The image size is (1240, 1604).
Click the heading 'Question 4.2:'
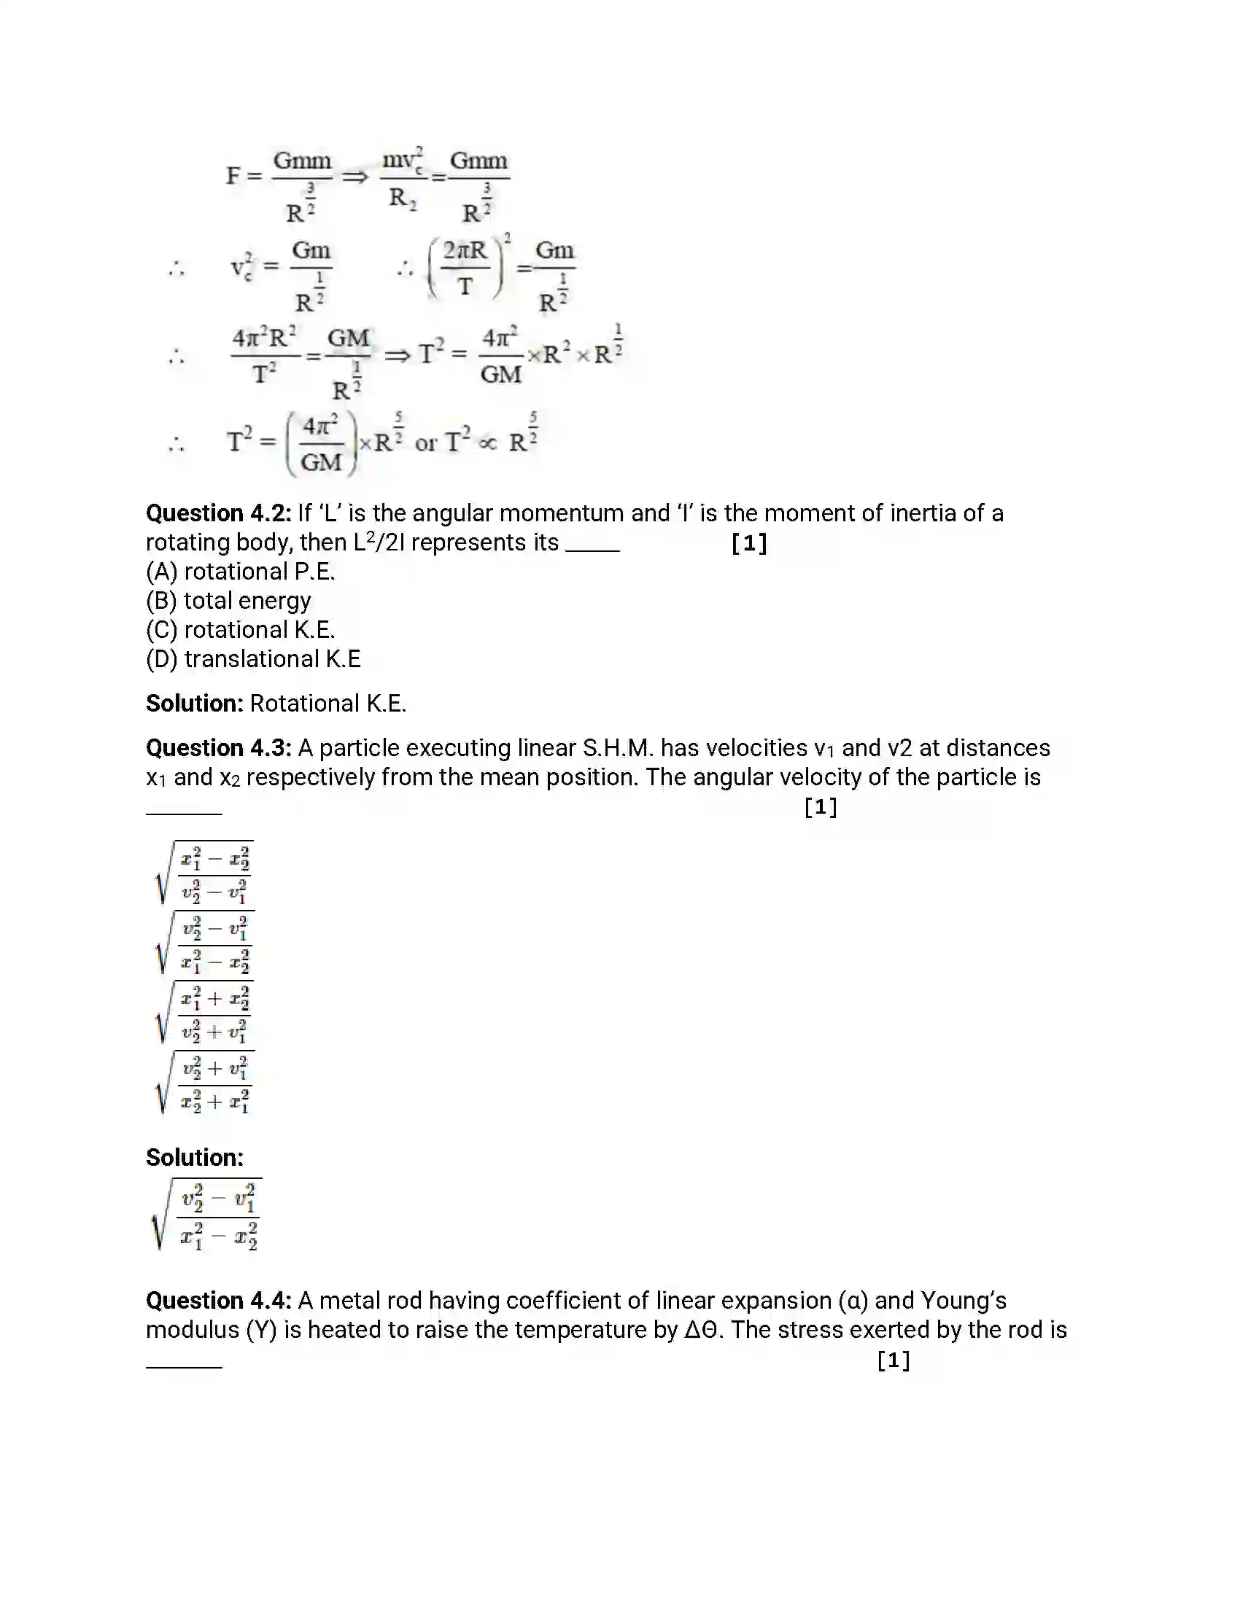218,513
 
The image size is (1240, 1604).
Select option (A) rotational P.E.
240,572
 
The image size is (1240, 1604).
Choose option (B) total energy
228,601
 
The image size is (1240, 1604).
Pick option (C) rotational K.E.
240,630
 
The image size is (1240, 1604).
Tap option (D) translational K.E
252,660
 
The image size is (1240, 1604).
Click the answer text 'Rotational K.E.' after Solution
328,704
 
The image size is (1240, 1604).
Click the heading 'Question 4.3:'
218,748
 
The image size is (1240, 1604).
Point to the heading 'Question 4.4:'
218,1301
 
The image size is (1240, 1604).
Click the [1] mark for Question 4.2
749,543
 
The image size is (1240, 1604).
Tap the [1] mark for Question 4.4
894,1361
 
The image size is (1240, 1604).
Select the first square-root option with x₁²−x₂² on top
205,873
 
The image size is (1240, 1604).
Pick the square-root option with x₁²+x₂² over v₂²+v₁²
205,1013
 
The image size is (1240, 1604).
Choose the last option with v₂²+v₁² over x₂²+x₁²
205,1083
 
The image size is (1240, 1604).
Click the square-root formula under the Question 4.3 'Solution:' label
207,1215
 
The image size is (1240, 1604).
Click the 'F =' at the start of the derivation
243,176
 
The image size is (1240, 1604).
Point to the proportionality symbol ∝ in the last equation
487,443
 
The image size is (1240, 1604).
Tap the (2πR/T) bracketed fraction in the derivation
466,268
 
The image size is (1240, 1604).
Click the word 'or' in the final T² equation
426,443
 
